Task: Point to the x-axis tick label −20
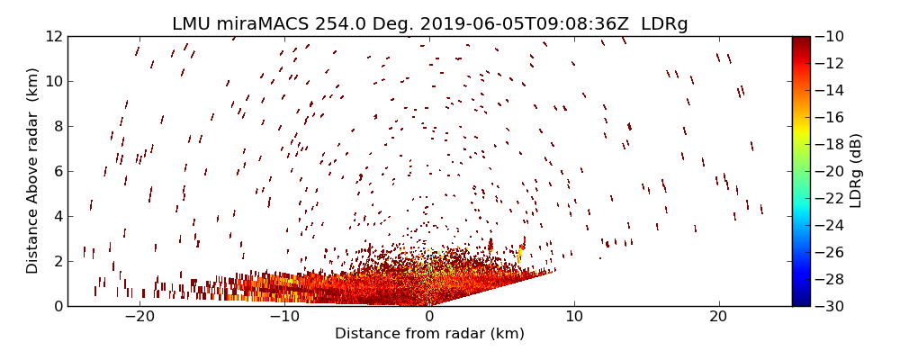(x=139, y=318)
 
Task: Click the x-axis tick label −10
(x=284, y=318)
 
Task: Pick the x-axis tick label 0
(x=429, y=318)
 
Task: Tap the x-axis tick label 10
(x=573, y=318)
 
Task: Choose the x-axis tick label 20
(x=718, y=318)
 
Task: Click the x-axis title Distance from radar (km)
(x=429, y=334)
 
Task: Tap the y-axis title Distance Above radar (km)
(x=33, y=171)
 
